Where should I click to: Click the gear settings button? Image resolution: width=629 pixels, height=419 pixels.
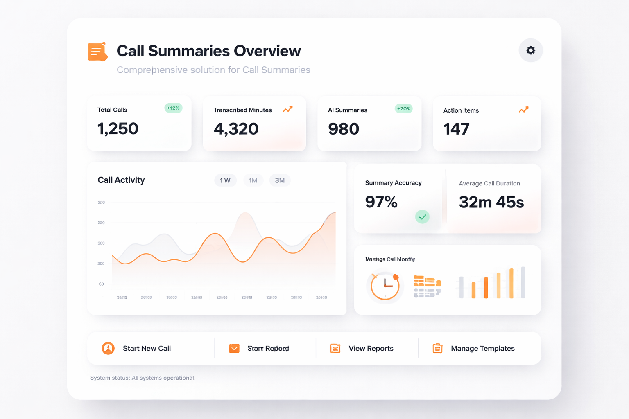531,50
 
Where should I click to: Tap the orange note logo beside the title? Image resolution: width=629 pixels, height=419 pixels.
97,52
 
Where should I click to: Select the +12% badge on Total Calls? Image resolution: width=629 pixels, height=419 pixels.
173,108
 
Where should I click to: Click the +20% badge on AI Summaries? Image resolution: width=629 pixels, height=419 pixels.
403,108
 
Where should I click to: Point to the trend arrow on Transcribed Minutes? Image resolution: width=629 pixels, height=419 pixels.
288,109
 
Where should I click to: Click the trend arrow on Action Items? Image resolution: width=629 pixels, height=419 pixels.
523,110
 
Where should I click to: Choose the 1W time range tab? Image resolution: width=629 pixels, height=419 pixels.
225,180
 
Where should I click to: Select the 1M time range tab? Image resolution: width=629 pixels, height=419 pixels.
253,180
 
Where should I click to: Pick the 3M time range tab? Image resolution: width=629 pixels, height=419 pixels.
280,180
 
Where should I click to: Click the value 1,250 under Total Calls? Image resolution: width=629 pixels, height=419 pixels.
118,129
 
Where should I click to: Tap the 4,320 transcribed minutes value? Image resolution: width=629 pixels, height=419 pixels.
236,129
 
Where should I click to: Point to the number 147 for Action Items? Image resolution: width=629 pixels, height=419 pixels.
456,129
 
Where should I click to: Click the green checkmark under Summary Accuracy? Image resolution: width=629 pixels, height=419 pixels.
422,217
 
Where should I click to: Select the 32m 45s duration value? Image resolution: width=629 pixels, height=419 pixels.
491,202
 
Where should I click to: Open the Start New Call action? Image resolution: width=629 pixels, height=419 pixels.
147,348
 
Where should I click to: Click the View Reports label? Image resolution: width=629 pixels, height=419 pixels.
371,348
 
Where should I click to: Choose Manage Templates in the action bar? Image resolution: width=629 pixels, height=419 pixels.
482,348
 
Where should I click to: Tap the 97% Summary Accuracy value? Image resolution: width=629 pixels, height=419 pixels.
381,202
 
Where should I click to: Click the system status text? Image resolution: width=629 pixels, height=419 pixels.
142,378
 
